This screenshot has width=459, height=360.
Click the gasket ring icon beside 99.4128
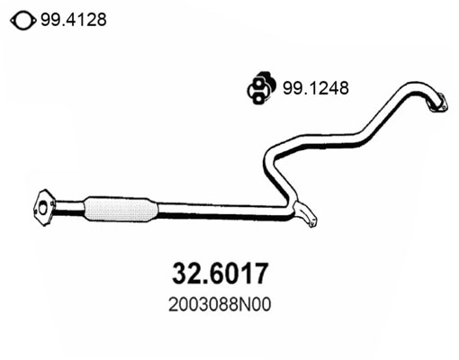pos(25,19)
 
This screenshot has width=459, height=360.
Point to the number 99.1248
pos(316,88)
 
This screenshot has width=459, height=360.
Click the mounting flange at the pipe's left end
pos(43,205)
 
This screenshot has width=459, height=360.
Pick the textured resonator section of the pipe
pos(119,209)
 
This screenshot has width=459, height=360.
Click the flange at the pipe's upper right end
pos(436,103)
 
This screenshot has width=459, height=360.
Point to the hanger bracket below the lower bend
pos(306,218)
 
